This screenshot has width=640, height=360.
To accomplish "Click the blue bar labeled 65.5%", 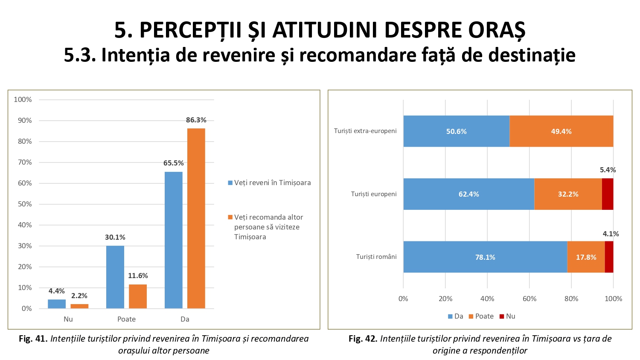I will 173,240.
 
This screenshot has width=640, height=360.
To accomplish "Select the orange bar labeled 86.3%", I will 196,218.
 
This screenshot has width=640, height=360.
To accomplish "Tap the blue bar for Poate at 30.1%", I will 115,277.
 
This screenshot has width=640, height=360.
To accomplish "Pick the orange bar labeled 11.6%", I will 138,296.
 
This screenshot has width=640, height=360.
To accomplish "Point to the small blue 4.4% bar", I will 57,304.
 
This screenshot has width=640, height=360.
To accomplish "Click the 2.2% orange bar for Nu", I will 79,306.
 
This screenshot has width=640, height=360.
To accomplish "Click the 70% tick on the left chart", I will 25,162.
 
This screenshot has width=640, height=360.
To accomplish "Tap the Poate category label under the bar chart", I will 126,319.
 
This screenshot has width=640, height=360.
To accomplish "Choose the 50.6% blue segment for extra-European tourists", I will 456,131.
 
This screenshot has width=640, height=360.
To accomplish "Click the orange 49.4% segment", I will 561,131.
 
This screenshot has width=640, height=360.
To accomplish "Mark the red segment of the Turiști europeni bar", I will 608,194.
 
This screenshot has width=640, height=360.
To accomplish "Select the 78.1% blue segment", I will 485,257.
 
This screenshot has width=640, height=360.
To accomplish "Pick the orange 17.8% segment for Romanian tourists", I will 586,257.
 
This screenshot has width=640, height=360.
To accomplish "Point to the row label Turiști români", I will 376,257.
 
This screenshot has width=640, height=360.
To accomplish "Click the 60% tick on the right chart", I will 529,299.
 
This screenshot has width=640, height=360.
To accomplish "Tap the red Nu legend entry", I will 507,316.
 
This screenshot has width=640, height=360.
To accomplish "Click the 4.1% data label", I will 611,234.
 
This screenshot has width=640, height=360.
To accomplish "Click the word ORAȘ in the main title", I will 497,30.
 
